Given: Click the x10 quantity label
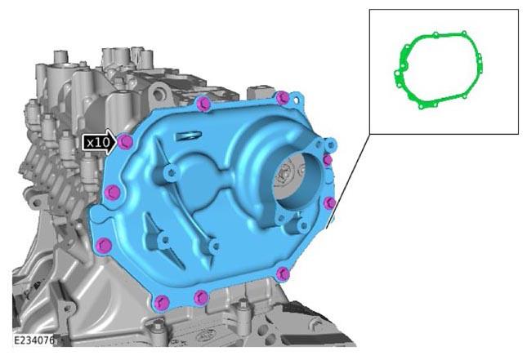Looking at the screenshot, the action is click(x=98, y=143).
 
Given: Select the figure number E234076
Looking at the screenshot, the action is click(x=33, y=340).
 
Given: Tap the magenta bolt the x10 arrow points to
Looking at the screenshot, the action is click(x=126, y=142).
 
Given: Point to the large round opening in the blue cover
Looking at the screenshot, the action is click(x=296, y=179).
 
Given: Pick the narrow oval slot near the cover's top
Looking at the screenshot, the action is click(x=188, y=136).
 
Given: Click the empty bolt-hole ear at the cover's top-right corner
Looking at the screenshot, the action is click(x=296, y=100).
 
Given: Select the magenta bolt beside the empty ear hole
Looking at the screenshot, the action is click(x=283, y=98).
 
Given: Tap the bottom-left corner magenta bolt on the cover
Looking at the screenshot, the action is click(x=161, y=302).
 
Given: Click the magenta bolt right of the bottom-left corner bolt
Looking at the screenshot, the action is click(x=201, y=297).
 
